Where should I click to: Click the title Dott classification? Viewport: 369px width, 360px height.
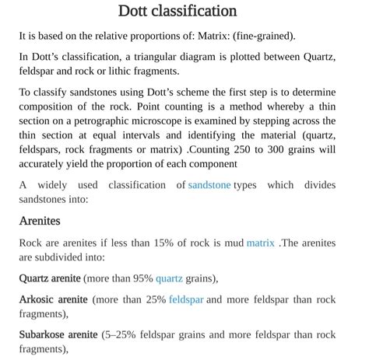177,11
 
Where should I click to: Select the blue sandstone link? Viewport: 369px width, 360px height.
209,185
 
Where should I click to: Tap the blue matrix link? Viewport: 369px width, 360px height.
260,243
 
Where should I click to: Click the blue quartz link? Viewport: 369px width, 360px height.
169,278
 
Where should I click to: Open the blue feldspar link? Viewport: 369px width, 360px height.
185,299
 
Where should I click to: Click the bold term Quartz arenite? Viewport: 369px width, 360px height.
50,278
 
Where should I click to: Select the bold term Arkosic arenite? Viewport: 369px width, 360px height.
54,299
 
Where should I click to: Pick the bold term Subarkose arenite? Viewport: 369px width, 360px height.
58,334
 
